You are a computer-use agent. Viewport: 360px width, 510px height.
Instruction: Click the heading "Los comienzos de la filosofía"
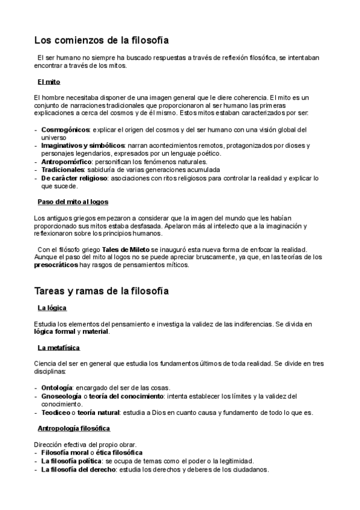(x=101, y=40)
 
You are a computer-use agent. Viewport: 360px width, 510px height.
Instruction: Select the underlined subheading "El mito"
(x=49, y=81)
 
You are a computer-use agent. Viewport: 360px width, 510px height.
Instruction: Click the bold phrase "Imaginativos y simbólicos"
(x=82, y=146)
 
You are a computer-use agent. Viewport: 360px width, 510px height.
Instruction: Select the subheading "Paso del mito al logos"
(x=73, y=201)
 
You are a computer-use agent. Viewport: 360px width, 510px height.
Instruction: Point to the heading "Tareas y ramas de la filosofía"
(x=101, y=291)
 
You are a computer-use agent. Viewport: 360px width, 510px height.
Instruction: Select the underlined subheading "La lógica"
(x=52, y=309)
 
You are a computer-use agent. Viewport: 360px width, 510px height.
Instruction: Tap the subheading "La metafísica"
(x=59, y=348)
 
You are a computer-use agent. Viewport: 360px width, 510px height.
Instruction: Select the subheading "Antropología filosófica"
(x=74, y=428)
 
